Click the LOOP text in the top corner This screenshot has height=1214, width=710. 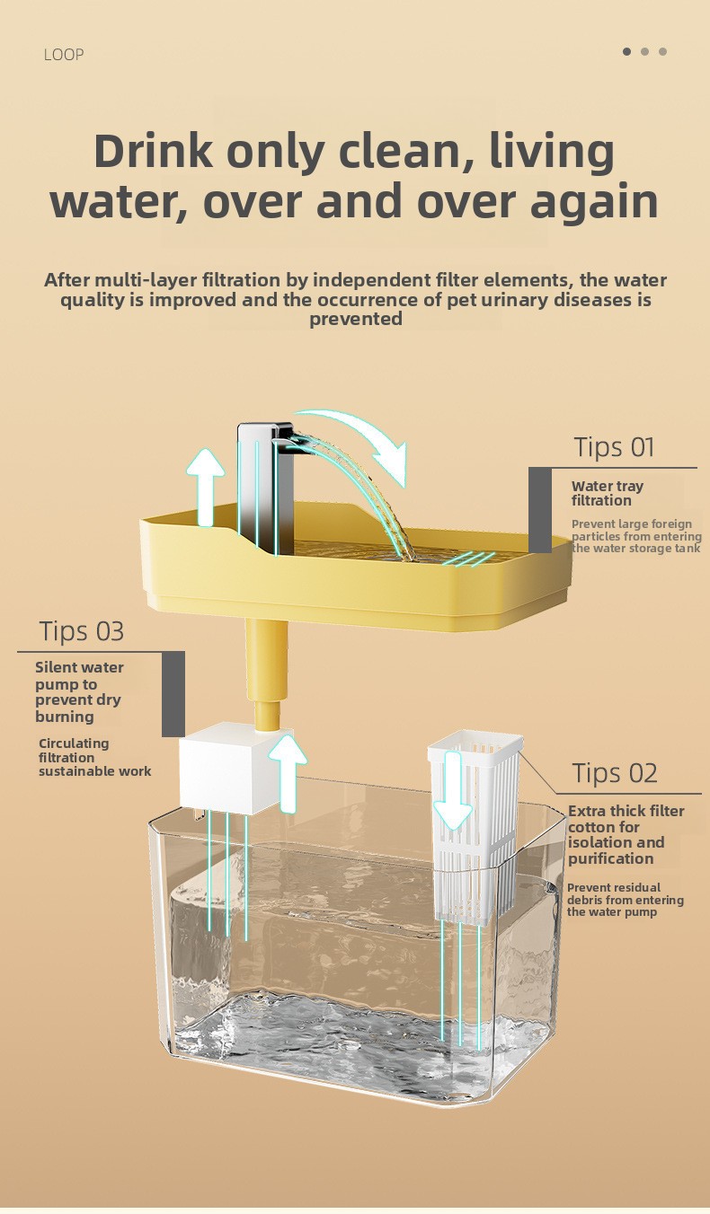click(x=64, y=55)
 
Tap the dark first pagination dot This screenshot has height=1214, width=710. click(x=627, y=51)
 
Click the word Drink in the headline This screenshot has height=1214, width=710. click(x=155, y=151)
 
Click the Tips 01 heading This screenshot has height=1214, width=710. click(x=614, y=447)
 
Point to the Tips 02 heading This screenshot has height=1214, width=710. click(x=615, y=773)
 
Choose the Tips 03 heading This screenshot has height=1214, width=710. click(x=82, y=631)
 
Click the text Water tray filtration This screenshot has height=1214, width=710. click(x=608, y=493)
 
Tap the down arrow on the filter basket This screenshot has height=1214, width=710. click(x=453, y=791)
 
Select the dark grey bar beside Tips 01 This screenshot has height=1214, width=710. click(x=539, y=510)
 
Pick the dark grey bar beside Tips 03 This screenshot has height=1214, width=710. click(x=173, y=694)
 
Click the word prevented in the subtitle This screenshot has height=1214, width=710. click(x=356, y=319)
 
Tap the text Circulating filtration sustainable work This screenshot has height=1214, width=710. click(x=95, y=757)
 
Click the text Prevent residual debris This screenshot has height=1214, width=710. click(x=614, y=893)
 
